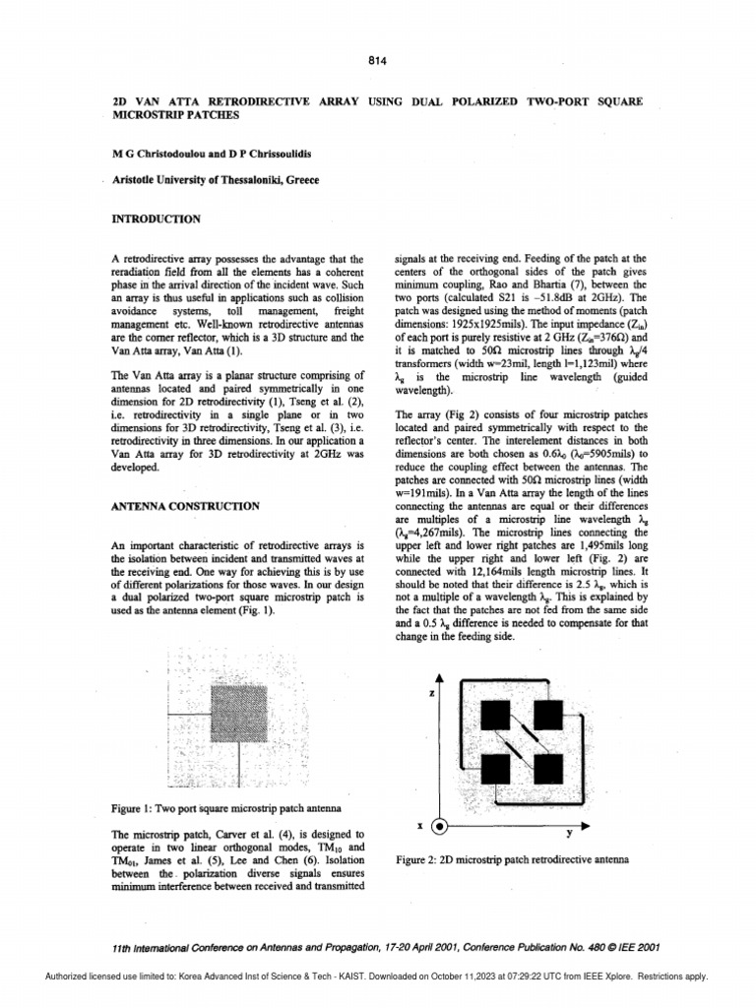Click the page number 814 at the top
pyautogui.click(x=378, y=60)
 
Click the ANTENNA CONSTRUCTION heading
pyautogui.click(x=186, y=506)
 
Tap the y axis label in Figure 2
pyautogui.click(x=570, y=832)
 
